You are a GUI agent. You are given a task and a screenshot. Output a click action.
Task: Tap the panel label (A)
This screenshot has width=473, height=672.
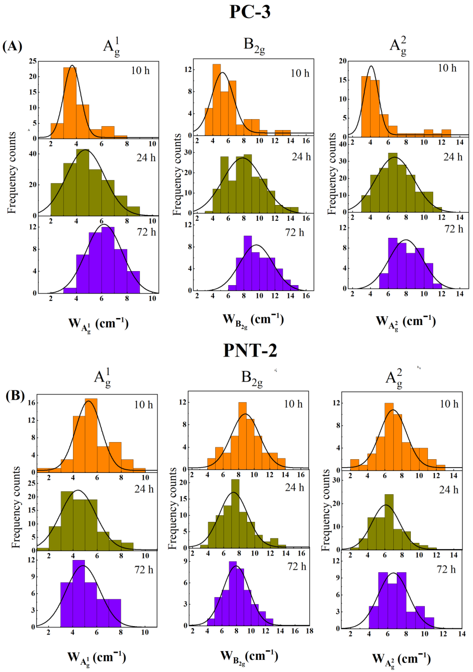point(12,46)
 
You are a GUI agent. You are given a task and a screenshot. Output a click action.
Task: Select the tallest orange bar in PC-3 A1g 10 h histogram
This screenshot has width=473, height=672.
point(70,102)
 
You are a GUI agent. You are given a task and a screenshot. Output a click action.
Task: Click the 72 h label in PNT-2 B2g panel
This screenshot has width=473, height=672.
point(297,567)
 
